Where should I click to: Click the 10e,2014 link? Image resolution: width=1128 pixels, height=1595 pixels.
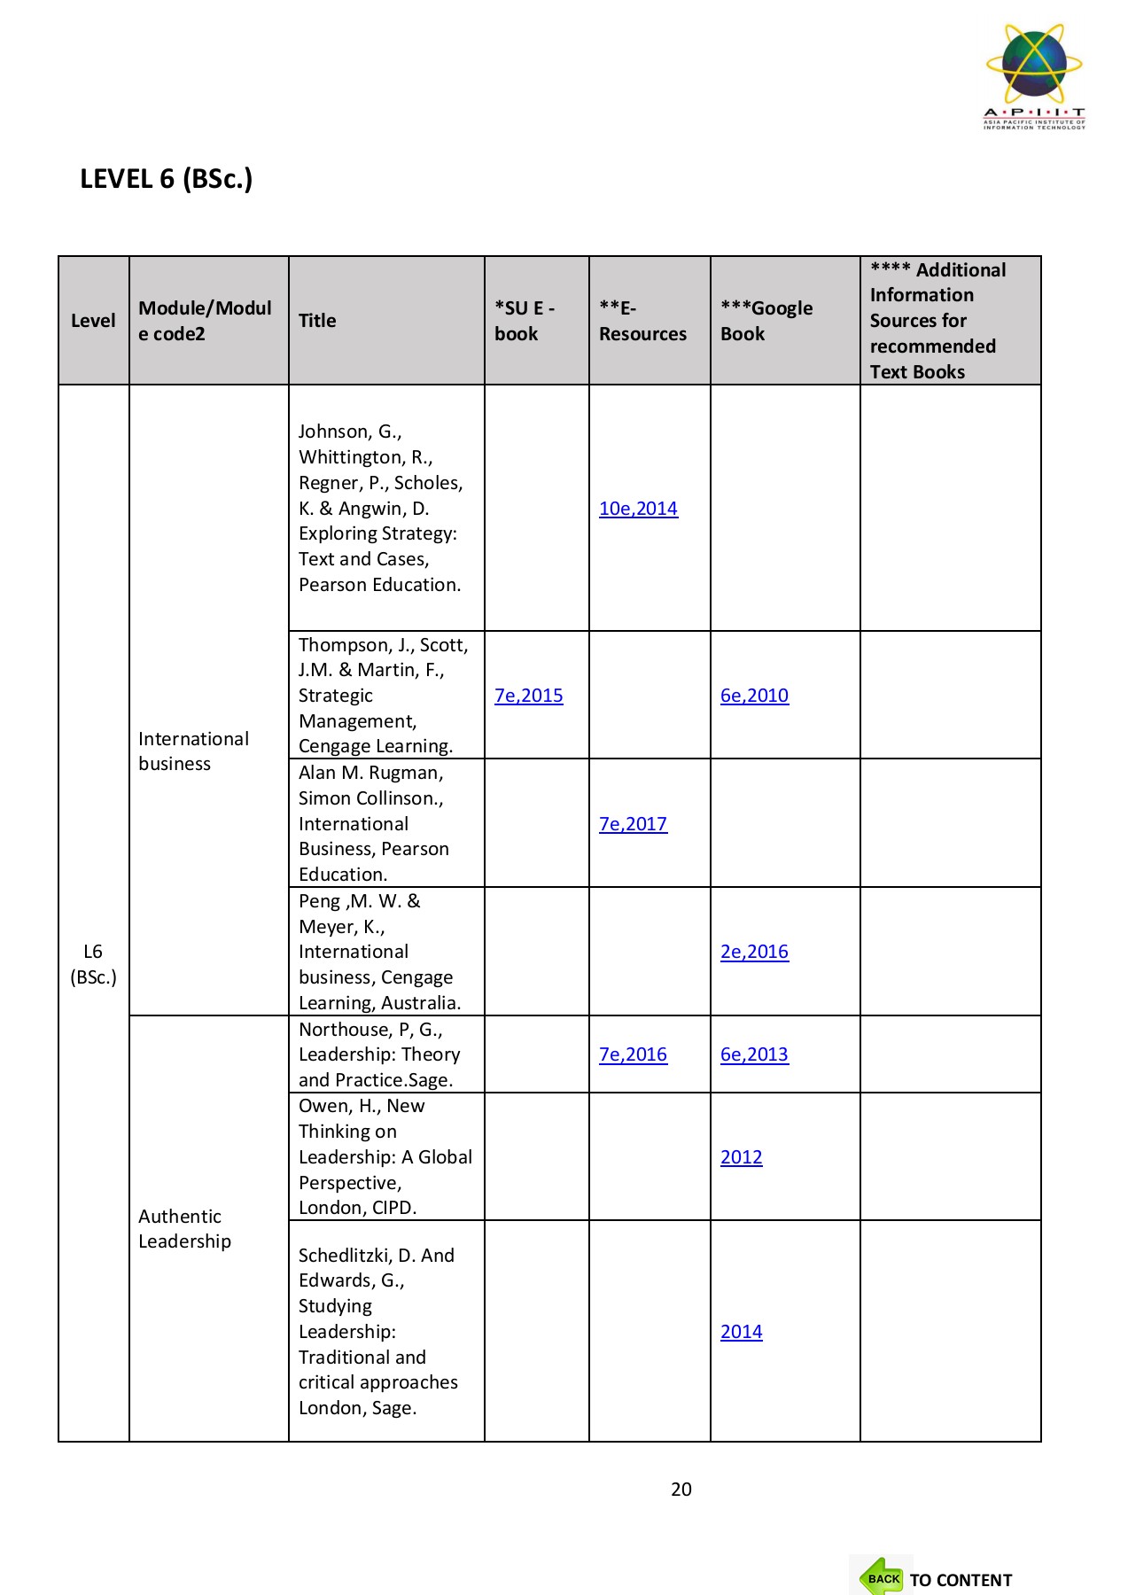pos(638,509)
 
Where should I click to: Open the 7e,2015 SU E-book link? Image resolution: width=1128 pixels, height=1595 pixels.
pos(528,696)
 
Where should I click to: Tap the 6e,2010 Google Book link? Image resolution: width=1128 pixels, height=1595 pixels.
pos(754,696)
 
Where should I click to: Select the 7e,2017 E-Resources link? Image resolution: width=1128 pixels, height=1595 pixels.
pos(633,824)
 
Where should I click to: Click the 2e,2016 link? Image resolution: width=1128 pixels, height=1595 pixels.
pos(754,952)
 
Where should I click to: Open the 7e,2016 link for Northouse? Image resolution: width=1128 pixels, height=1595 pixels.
pos(633,1054)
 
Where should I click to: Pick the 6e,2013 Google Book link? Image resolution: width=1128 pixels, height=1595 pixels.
pos(754,1054)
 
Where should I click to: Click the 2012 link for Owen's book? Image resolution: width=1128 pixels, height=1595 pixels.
pos(741,1157)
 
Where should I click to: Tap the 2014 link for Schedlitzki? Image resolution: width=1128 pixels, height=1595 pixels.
pos(741,1332)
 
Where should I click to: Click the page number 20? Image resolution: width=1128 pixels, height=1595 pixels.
pos(681,1490)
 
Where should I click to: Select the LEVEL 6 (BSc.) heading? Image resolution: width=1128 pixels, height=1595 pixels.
pos(167,179)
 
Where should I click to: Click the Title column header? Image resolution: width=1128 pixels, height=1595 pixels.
pos(317,321)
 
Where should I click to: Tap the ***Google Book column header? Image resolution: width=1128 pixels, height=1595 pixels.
pos(766,321)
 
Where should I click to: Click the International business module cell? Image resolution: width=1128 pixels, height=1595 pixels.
pos(193,751)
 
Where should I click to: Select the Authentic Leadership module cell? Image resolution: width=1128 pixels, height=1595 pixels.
pos(184,1229)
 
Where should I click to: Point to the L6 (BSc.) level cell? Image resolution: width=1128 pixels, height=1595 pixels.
pos(93,964)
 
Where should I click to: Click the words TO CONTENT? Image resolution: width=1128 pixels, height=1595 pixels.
pos(961,1580)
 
